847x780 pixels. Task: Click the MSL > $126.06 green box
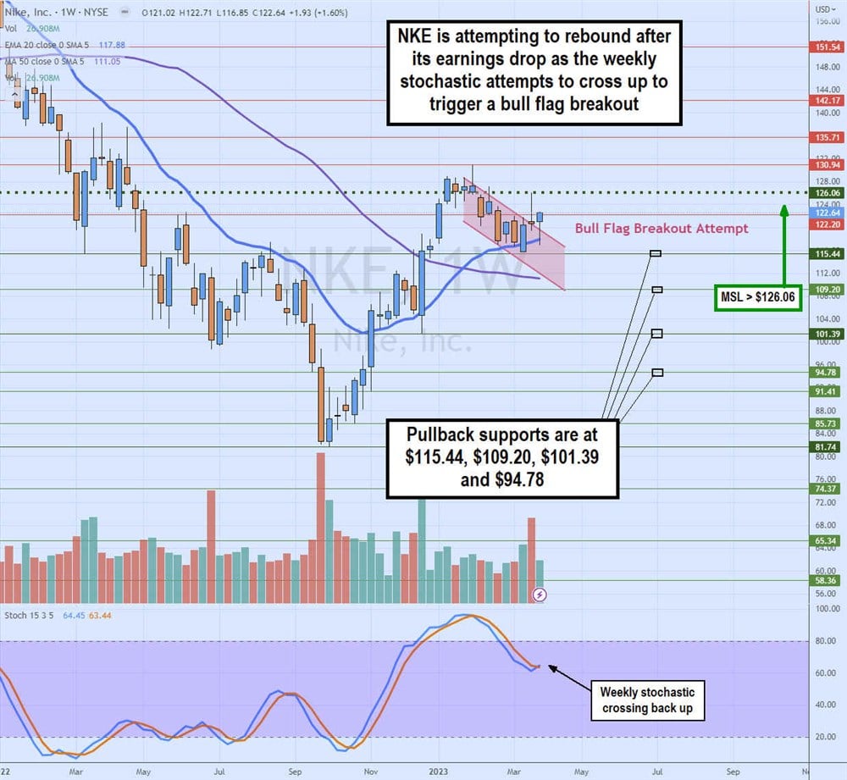point(758,298)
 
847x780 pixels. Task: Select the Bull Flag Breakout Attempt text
point(662,229)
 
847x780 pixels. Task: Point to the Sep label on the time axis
point(295,772)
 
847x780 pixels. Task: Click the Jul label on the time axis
point(219,772)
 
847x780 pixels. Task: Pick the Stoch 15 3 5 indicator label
point(28,615)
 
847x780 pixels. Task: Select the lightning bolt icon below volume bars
point(540,595)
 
